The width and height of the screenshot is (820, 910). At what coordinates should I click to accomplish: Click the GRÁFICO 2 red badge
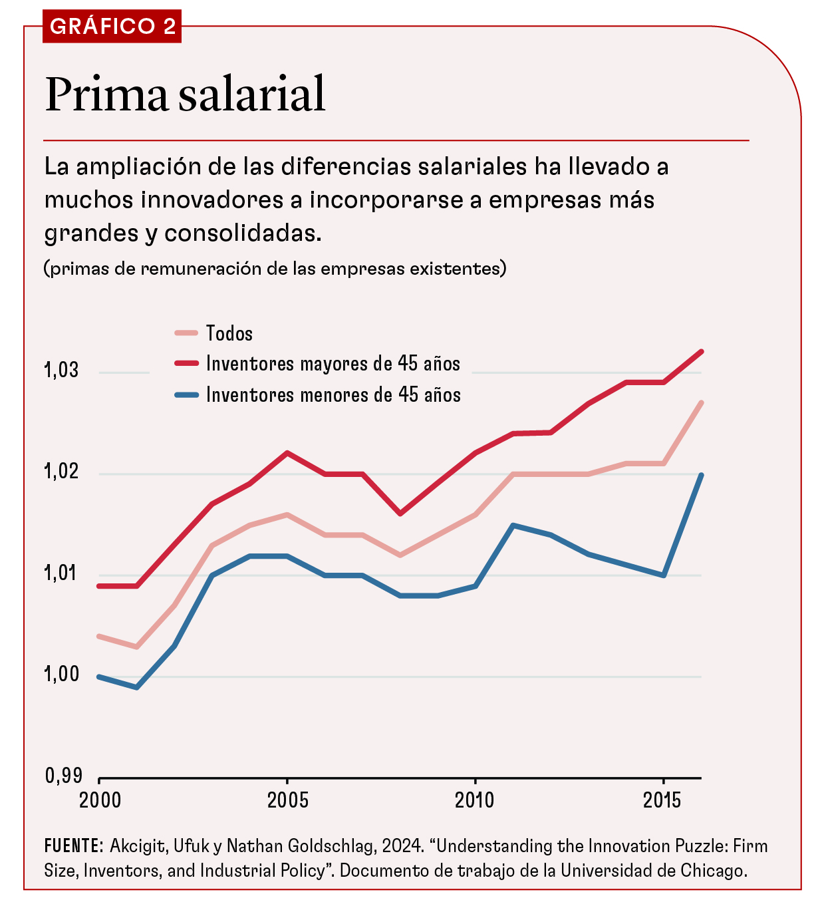(112, 27)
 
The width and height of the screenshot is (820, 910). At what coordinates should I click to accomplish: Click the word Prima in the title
(106, 94)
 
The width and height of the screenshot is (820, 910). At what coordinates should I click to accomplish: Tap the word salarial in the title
(252, 94)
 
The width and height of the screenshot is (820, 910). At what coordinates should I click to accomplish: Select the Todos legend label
(229, 333)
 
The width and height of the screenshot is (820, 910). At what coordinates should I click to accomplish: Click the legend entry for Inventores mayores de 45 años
(333, 364)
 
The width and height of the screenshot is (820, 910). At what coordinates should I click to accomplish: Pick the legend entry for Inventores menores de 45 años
(333, 395)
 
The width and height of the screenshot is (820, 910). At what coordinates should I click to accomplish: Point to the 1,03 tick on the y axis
(62, 371)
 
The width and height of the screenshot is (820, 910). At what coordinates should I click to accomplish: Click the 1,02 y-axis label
(62, 472)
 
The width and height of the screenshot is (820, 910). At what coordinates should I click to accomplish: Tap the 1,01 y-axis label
(62, 573)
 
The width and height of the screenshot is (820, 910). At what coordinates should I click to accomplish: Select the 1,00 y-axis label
(62, 675)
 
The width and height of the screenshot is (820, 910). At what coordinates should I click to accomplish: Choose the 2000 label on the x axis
(100, 800)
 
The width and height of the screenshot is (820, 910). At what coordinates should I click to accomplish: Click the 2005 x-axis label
(287, 800)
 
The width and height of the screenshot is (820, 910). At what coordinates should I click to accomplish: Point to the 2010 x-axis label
(475, 800)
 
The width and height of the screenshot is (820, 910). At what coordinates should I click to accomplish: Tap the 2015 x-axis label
(662, 800)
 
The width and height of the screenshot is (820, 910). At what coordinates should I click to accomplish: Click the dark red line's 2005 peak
(287, 453)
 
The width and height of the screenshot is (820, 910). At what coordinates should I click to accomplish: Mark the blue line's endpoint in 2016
(701, 475)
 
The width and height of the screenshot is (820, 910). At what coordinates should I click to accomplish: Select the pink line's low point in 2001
(137, 647)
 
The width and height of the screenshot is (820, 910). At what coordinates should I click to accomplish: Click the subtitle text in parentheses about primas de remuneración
(275, 269)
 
